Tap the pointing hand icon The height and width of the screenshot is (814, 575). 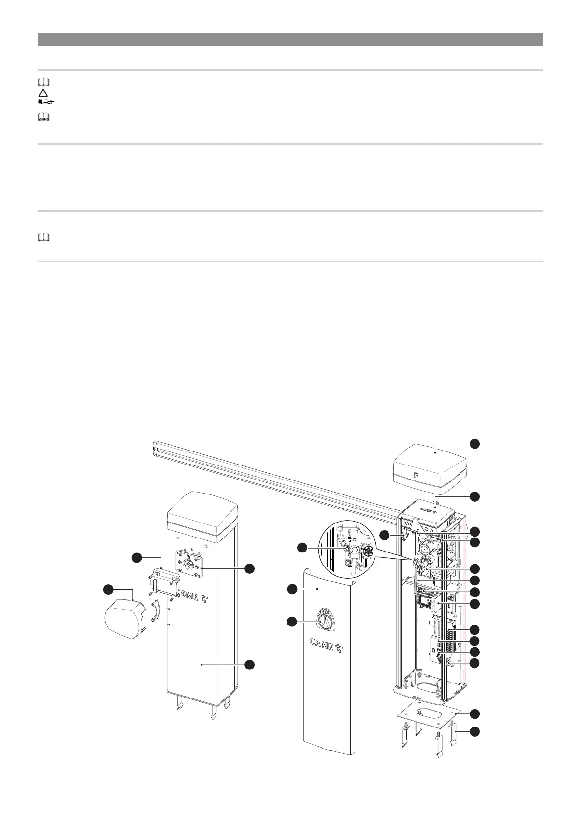(45, 102)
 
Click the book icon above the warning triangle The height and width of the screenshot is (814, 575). (44, 82)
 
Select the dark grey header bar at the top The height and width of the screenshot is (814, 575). (290, 40)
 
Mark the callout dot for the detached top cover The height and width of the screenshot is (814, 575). (475, 443)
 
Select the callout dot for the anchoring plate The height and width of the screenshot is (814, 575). (475, 714)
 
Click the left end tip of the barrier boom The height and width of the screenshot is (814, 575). (156, 449)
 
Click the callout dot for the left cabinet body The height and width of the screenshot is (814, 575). (250, 666)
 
